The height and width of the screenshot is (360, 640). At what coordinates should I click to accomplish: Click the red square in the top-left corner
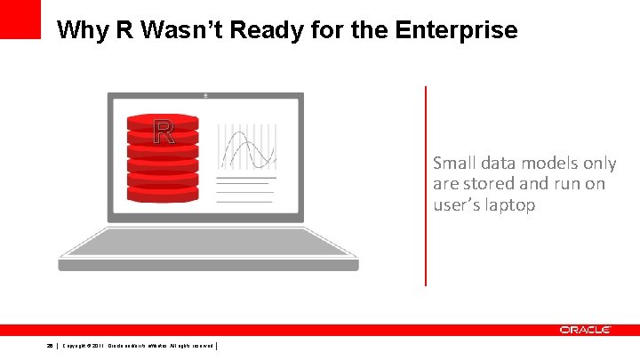click(20, 19)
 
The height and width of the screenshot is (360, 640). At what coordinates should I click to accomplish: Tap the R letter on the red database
click(164, 132)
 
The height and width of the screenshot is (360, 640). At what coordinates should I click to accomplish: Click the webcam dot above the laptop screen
click(206, 95)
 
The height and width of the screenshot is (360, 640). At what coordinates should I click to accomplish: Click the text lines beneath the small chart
click(246, 189)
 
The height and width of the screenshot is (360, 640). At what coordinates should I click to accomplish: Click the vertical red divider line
click(426, 186)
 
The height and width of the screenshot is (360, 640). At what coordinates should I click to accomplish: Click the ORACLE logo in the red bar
click(585, 330)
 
